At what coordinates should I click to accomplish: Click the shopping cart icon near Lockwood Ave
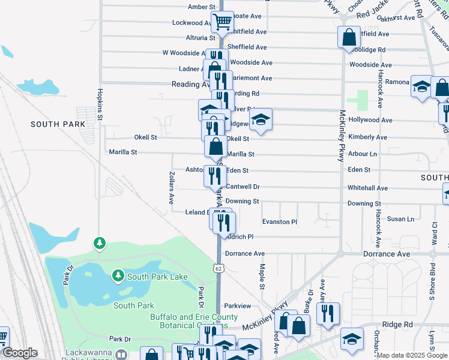point(222,22)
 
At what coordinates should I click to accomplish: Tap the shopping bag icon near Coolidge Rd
point(349,37)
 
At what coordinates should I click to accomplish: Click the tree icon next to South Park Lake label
point(118,275)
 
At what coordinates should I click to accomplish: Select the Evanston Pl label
point(280,222)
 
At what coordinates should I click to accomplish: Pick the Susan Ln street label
point(402,219)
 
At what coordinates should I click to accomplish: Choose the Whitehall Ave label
point(367,188)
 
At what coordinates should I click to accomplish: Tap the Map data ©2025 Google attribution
point(412,355)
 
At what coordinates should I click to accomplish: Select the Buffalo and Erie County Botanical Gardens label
point(185,321)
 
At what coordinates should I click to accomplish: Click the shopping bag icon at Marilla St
point(215,145)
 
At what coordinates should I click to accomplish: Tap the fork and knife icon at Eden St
point(215,175)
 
